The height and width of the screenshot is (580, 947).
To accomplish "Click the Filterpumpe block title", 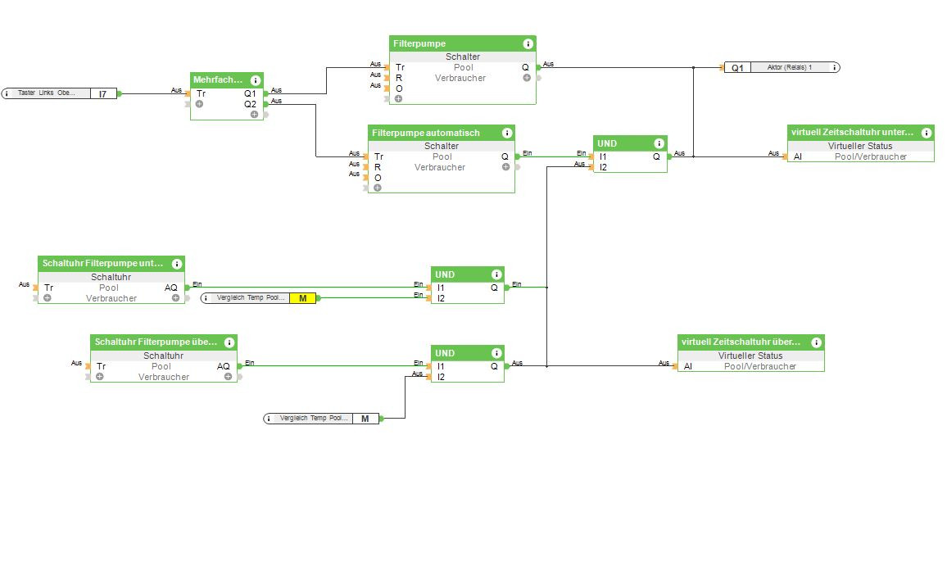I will point(419,43).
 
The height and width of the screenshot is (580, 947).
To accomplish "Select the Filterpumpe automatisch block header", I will point(426,133).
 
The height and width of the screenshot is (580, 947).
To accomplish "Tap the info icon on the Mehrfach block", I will point(256,80).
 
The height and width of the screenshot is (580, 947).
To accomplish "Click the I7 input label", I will point(102,94).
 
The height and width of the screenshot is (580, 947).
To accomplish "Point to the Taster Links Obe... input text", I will point(48,93).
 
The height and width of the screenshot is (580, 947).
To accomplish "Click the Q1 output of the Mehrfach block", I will point(250,93).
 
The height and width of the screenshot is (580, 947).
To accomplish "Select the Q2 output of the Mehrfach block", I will point(250,104).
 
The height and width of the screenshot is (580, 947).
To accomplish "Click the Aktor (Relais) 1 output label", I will point(789,67).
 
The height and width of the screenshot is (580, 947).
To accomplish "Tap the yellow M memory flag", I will point(302,298).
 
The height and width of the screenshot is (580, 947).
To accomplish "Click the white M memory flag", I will point(365,419).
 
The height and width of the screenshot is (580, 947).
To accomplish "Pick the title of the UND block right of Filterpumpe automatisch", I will point(607,144).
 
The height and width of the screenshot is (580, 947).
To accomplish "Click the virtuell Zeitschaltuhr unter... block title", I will point(851,132).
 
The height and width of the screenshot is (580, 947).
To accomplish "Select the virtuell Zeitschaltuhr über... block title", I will point(741,342).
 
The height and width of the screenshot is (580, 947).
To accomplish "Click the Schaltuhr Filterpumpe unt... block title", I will point(102,263).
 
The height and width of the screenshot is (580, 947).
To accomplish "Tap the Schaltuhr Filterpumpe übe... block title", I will point(156,342).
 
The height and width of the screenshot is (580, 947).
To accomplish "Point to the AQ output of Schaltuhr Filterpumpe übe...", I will point(224,366).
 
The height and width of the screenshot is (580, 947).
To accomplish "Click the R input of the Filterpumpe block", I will point(399,78).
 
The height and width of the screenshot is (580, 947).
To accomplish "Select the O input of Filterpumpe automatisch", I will point(378,178).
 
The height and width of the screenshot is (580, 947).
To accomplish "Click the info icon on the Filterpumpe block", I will point(528,44).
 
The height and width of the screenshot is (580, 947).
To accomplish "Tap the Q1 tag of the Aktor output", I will point(737,67).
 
